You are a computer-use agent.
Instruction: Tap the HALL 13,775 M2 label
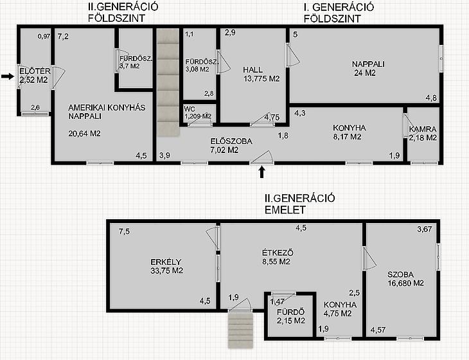coord(261,74)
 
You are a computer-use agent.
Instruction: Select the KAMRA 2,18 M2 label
coord(423,134)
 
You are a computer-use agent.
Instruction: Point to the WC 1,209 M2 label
coord(198,113)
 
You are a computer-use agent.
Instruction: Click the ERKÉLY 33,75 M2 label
coord(166,266)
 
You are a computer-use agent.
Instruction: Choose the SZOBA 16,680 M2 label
coord(405,279)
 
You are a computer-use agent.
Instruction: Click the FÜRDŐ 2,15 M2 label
coord(291,316)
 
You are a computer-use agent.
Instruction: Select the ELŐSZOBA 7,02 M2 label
coord(231,146)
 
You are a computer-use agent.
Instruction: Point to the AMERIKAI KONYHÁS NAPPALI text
coord(107,112)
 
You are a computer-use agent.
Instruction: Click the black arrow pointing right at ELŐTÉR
coord(8,76)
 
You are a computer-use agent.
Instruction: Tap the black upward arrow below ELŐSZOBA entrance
coord(262,172)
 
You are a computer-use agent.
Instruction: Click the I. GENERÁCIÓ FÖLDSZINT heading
coord(339,13)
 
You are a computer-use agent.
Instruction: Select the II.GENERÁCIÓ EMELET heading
coord(299,204)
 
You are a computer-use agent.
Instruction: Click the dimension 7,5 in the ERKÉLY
coord(124,231)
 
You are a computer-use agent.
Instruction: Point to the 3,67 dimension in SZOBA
coord(425,230)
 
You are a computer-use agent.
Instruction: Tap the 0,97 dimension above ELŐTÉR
coord(44,37)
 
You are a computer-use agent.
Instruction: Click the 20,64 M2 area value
coord(84,134)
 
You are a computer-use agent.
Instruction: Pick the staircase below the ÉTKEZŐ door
coord(240,329)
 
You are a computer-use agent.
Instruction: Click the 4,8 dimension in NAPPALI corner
coord(431,98)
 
